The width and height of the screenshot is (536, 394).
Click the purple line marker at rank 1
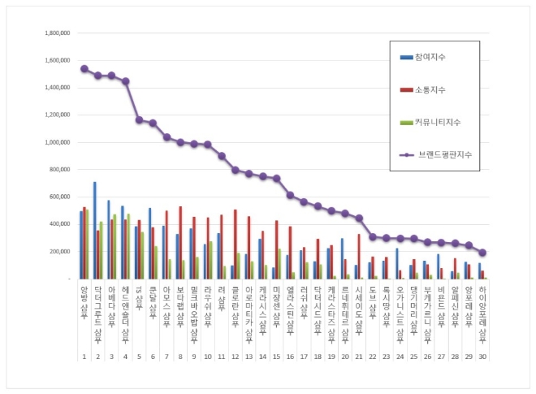click(x=84, y=69)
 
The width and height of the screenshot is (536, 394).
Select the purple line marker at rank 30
click(x=482, y=253)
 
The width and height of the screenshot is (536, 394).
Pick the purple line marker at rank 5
click(x=139, y=120)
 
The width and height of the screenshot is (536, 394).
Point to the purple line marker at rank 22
click(x=373, y=236)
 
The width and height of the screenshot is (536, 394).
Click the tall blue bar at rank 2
click(x=94, y=230)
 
